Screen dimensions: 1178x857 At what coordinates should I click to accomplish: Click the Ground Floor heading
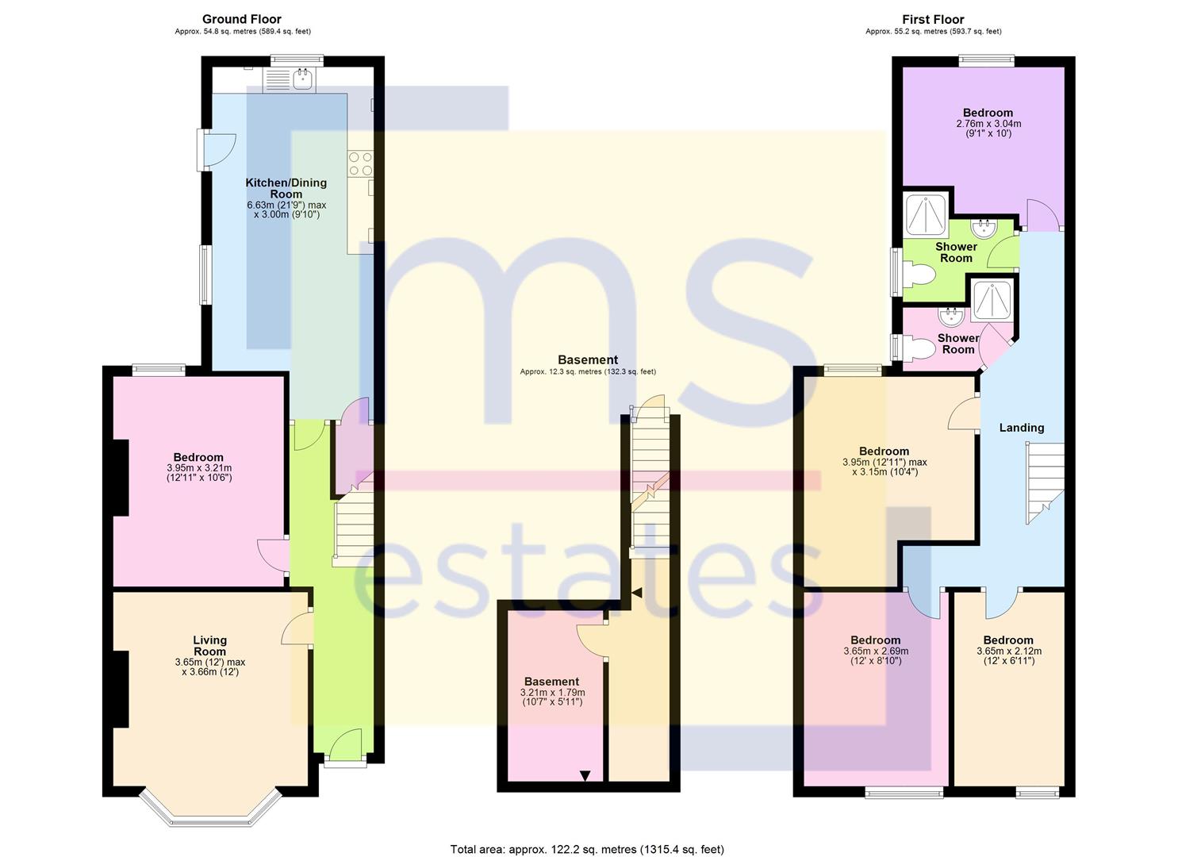point(242,20)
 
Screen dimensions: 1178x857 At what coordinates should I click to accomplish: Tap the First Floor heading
point(933,20)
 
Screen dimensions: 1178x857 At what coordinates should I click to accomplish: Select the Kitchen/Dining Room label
point(286,188)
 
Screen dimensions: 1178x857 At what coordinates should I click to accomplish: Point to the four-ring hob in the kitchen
point(360,163)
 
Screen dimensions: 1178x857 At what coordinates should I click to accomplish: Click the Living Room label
point(210,645)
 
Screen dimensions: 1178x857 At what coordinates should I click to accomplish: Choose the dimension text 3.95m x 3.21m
point(199,467)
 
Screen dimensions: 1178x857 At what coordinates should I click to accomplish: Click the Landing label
point(1021,428)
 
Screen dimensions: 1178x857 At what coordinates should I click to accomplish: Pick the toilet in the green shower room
point(919,275)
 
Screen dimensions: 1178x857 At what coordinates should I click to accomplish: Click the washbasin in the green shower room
point(984,229)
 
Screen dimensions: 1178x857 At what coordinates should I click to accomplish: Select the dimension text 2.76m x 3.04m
point(988,124)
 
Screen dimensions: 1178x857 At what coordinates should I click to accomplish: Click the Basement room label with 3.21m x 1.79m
point(551,682)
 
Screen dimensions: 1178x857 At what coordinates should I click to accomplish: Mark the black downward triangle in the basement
point(585,775)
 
